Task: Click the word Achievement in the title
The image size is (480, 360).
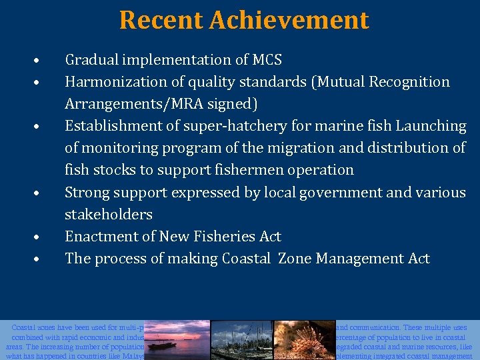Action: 289,20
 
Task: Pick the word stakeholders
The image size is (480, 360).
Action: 109,214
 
